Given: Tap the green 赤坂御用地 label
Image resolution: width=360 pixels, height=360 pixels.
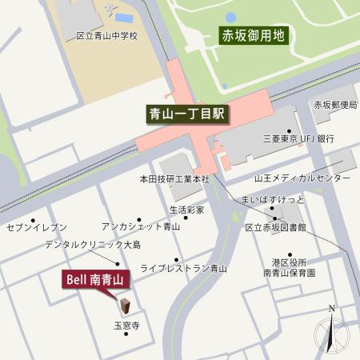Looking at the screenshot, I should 252,35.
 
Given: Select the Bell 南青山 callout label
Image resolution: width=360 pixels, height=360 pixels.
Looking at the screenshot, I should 94,279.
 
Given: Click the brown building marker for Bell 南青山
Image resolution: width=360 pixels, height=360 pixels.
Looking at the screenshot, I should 126,305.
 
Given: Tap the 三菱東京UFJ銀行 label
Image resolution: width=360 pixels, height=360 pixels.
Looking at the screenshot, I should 298,138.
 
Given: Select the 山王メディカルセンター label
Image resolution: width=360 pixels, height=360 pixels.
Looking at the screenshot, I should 302,178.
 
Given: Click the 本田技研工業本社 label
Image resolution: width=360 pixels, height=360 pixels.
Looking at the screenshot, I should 174,179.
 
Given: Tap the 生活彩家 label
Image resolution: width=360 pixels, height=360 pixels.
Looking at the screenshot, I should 186,210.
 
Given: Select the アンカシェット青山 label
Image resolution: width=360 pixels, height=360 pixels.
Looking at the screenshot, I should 141,227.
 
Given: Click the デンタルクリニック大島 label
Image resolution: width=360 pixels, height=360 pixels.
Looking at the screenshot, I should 92,244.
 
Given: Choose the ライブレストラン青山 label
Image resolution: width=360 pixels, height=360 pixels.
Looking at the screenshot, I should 183,269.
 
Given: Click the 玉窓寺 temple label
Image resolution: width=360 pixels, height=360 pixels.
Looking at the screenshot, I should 126,326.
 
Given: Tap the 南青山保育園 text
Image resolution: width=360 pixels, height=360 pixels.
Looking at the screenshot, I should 289,273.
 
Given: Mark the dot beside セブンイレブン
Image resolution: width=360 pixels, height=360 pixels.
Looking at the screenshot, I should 33,219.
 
